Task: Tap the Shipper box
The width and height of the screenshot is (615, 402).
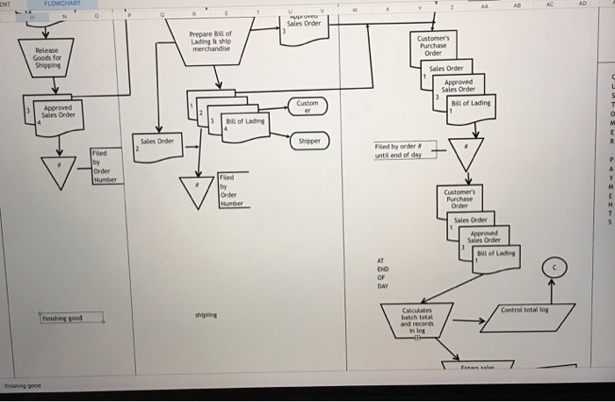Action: click(309, 141)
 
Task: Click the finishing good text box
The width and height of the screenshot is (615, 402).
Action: click(69, 317)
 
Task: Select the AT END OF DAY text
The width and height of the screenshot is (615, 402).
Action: click(381, 274)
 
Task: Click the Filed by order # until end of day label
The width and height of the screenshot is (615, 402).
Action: click(399, 151)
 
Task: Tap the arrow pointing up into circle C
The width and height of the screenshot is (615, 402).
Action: click(554, 291)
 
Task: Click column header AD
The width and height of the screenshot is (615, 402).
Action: click(604, 4)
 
